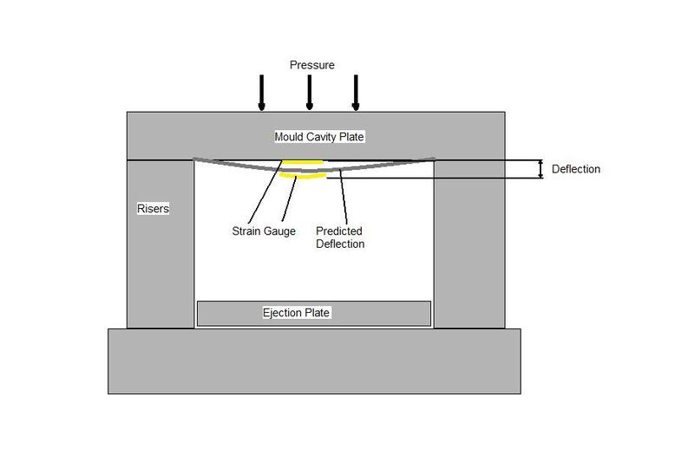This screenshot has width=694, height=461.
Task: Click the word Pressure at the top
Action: [312, 65]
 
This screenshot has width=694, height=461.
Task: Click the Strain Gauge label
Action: [263, 231]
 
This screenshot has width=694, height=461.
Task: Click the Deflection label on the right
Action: [575, 169]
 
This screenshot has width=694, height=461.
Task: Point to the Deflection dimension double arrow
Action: [541, 169]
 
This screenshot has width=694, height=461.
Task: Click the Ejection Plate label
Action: [297, 313]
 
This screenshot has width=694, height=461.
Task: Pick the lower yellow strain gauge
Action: [309, 178]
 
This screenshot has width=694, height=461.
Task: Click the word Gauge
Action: [278, 231]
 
